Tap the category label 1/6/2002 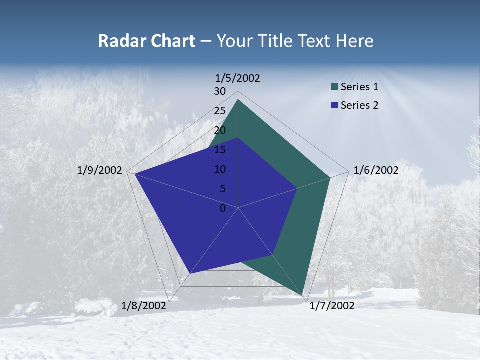pos(376,170)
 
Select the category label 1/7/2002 pos(332,306)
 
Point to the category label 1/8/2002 pos(144,306)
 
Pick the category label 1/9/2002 pos(100,170)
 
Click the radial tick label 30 pos(220,91)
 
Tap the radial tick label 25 pos(220,111)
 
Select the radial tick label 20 pos(220,130)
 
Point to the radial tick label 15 pos(220,150)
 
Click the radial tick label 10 pos(220,169)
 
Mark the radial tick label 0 pos(223,208)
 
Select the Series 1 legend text pos(359,87)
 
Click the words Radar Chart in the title pos(146,41)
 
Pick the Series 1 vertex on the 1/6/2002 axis pos(330,177)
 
